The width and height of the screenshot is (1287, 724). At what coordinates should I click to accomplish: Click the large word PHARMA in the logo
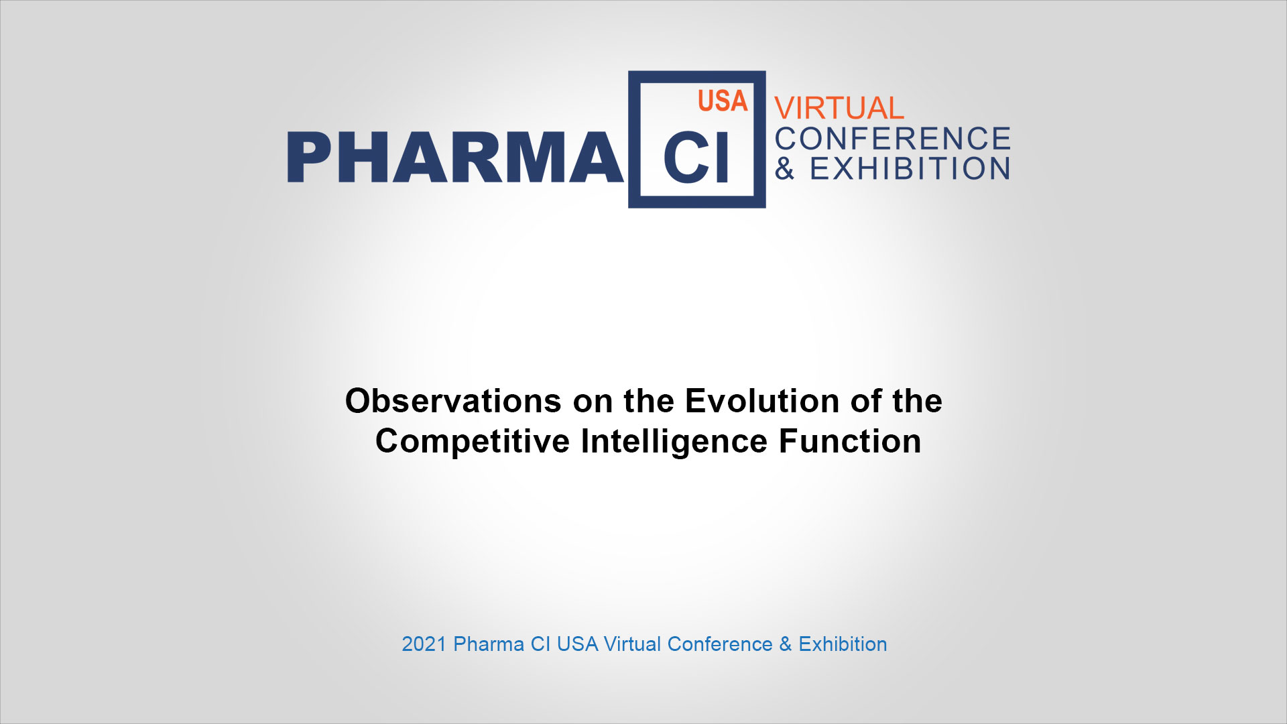click(455, 157)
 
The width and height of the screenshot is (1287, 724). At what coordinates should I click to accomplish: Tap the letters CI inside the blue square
click(696, 158)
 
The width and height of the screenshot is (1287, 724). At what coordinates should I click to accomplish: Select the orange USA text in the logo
click(723, 101)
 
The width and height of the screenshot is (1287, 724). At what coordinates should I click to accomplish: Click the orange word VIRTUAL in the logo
click(839, 108)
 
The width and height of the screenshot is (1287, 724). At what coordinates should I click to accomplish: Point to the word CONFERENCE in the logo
click(893, 139)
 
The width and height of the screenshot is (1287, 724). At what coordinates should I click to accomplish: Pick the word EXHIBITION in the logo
click(910, 169)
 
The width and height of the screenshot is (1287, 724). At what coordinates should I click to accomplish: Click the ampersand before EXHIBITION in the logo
click(785, 169)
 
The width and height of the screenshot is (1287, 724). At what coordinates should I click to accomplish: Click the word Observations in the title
click(453, 401)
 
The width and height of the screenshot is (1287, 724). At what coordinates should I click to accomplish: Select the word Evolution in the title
click(762, 401)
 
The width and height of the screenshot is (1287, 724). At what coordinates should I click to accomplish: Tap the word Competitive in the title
click(473, 441)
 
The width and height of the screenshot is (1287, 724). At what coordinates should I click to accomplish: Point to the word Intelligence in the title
click(674, 442)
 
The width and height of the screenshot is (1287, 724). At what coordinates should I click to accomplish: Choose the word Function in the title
click(849, 441)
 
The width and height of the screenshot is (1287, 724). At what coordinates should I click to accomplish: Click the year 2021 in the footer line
click(424, 644)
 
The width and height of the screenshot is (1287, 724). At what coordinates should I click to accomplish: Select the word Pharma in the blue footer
click(489, 644)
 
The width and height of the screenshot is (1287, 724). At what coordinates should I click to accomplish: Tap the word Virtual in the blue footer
click(633, 644)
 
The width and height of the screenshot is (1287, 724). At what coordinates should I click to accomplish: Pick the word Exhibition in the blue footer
click(843, 644)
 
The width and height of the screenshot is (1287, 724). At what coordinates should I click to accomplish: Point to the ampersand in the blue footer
click(786, 644)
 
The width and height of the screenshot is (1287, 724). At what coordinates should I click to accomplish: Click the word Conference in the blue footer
click(720, 644)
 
